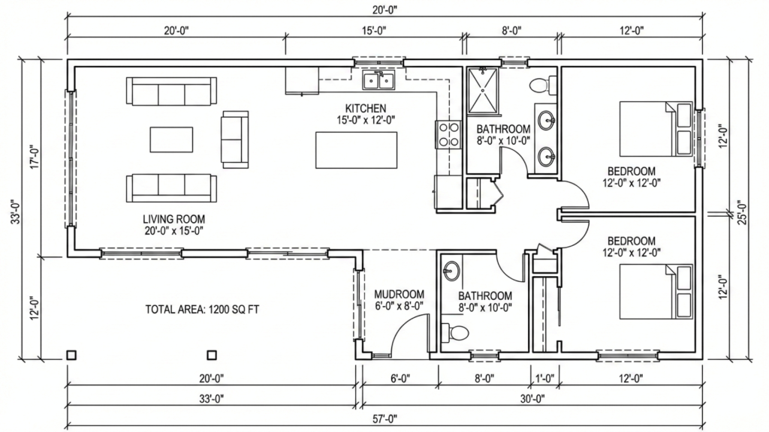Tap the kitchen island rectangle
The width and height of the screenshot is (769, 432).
click(x=356, y=150)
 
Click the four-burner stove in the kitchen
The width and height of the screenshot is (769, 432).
click(x=448, y=134)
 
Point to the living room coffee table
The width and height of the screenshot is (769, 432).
click(x=171, y=139)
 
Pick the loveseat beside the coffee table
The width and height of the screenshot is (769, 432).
click(x=235, y=139)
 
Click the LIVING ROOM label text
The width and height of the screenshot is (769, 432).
click(x=174, y=219)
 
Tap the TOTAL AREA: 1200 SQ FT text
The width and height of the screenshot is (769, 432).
click(x=202, y=309)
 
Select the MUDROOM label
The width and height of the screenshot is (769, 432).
click(x=399, y=294)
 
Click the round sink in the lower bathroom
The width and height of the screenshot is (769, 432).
click(x=451, y=270)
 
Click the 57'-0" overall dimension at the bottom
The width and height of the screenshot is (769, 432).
click(x=384, y=418)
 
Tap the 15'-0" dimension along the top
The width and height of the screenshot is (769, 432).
click(x=373, y=31)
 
